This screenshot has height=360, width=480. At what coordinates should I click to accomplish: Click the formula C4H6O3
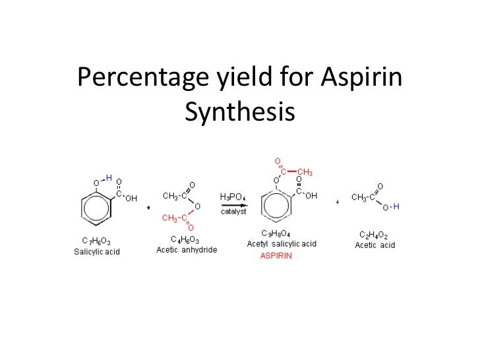point(187,239)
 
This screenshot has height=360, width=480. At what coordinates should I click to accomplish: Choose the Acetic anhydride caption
point(187,249)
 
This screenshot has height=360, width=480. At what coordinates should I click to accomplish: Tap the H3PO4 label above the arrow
point(233,196)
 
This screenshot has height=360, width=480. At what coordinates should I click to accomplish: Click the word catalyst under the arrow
point(233,211)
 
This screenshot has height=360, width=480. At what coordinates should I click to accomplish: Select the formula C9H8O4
point(276,233)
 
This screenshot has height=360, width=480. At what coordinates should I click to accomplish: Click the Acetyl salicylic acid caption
point(282,244)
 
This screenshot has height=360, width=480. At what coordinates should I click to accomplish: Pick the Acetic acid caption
point(375,246)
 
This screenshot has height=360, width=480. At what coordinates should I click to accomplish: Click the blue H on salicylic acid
point(109,177)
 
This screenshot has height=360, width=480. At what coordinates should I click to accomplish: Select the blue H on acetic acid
point(396,206)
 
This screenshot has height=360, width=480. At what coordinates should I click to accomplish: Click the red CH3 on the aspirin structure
point(304,173)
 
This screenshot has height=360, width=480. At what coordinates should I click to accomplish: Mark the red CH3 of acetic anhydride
point(170,218)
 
